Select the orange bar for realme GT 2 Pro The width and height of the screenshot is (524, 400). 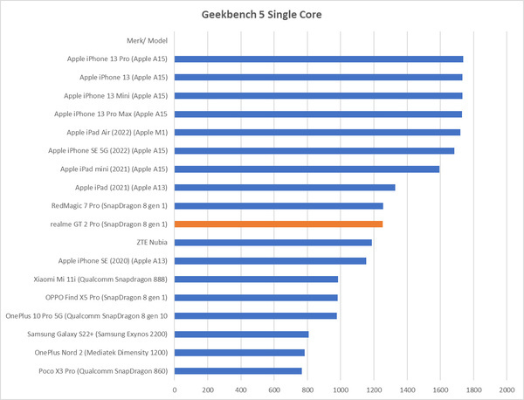pos(279,224)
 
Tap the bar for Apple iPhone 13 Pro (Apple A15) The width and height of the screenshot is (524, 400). pos(319,59)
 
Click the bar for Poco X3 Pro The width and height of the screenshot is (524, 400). pos(238,371)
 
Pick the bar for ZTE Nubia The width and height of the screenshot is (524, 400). pos(273,243)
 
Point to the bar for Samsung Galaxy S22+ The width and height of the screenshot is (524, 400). pos(242,334)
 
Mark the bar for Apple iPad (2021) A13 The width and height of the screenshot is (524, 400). pos(285,188)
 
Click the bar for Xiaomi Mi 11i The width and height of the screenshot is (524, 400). pos(257,279)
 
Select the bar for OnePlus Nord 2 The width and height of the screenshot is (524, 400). pos(239,353)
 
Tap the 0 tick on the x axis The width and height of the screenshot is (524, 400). pos(175,389)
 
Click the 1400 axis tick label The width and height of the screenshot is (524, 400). pos(407,389)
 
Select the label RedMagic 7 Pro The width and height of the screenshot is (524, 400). pos(111,206)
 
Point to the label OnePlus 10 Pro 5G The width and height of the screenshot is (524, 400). pos(87,316)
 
